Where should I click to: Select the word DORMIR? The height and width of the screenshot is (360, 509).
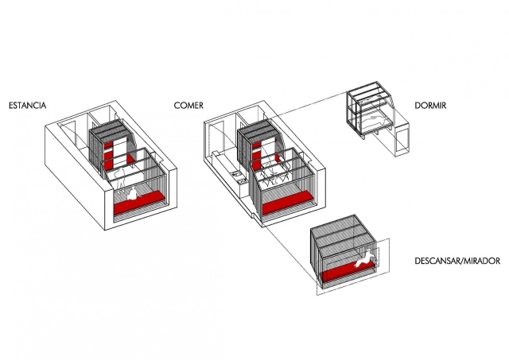click(434, 105)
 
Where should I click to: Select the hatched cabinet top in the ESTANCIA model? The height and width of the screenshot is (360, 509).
click(110, 130)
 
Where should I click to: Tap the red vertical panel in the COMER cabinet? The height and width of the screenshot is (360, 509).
click(259, 152)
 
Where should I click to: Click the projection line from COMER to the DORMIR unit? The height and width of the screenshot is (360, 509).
click(310, 109)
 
